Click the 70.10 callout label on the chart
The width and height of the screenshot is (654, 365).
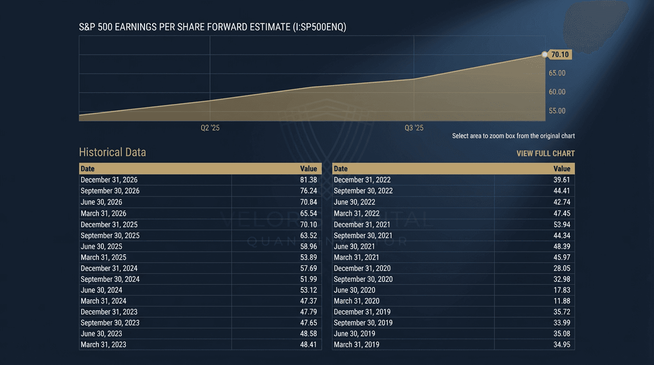tap(560, 55)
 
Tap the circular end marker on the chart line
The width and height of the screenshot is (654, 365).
tap(545, 55)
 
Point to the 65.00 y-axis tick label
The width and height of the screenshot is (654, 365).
tap(557, 73)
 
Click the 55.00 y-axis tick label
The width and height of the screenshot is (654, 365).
tap(557, 111)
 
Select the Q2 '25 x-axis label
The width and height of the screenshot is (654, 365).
tap(210, 128)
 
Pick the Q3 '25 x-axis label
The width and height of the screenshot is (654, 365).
tap(414, 128)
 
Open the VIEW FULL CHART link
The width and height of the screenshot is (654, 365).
tap(546, 154)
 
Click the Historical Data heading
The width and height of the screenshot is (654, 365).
tap(112, 152)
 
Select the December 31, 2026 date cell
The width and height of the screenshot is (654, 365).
tap(109, 180)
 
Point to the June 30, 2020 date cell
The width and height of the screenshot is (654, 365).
tap(355, 290)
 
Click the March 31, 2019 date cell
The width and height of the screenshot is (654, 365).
tap(356, 345)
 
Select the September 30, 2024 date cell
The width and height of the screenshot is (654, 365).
tap(110, 279)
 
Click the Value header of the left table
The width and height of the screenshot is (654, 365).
tap(308, 169)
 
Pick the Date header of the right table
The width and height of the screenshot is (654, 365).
tap(341, 169)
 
